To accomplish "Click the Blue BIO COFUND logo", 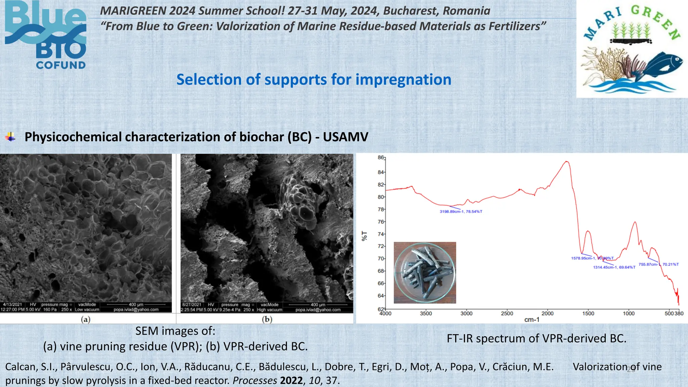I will [x=45, y=35].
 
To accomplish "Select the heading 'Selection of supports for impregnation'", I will [x=314, y=80].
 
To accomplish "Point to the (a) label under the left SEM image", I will [x=86, y=319].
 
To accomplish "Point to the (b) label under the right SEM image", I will [x=267, y=319].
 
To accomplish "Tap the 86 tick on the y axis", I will [x=381, y=158].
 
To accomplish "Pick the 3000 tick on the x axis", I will [x=466, y=313].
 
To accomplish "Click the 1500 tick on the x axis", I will [x=588, y=313].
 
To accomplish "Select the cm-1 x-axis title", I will [x=532, y=320].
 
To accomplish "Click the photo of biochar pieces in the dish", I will [x=425, y=272].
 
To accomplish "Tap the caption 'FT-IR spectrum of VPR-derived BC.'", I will [x=536, y=338].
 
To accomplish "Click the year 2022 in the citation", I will [x=292, y=381].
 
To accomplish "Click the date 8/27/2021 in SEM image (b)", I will [x=192, y=305].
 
